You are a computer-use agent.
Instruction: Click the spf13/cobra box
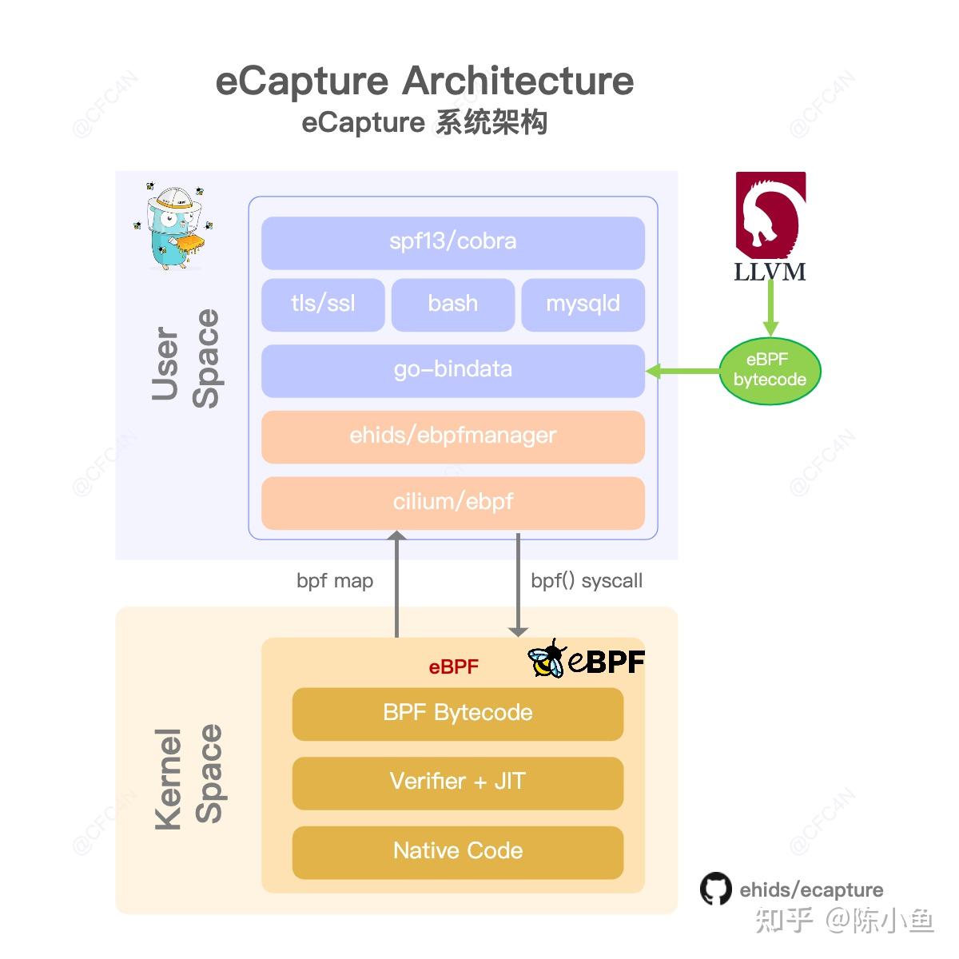pyautogui.click(x=452, y=242)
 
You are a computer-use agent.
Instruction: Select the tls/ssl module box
pyautogui.click(x=323, y=304)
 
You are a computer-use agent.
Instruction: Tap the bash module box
pyautogui.click(x=452, y=304)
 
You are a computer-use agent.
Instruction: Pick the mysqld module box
pyautogui.click(x=583, y=304)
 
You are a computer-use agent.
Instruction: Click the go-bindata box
pyautogui.click(x=452, y=371)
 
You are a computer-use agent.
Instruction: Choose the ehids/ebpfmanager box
pyautogui.click(x=452, y=436)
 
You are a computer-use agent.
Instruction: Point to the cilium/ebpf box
pyautogui.click(x=452, y=503)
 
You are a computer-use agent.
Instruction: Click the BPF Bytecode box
pyautogui.click(x=457, y=714)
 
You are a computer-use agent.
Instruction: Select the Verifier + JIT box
pyautogui.click(x=457, y=782)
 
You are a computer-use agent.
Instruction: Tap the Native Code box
pyautogui.click(x=457, y=852)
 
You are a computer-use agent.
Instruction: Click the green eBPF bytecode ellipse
pyautogui.click(x=770, y=371)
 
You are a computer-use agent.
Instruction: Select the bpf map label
pyautogui.click(x=335, y=581)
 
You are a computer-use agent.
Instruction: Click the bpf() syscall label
pyautogui.click(x=587, y=581)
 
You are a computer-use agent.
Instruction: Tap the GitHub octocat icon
pyautogui.click(x=715, y=889)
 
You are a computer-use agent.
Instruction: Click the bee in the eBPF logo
pyautogui.click(x=547, y=659)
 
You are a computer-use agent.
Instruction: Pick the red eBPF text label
pyautogui.click(x=453, y=667)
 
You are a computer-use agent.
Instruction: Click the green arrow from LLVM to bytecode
pyautogui.click(x=770, y=308)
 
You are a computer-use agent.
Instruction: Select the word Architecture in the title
pyautogui.click(x=518, y=82)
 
